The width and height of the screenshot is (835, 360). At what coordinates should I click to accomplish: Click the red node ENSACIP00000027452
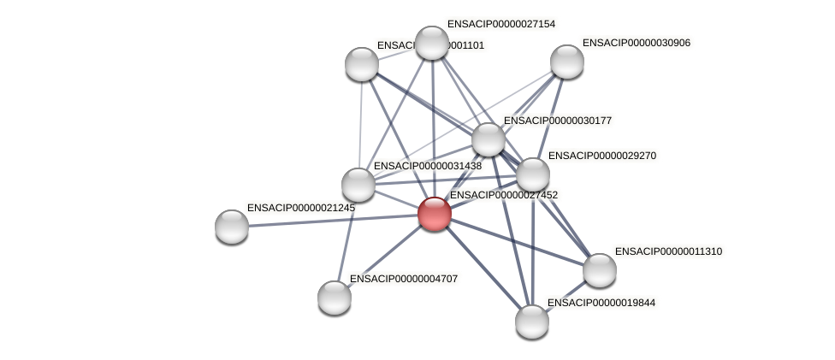click(434, 214)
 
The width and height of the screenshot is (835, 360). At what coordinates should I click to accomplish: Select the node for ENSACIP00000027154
click(432, 43)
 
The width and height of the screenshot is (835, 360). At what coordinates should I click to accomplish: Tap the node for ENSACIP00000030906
click(566, 62)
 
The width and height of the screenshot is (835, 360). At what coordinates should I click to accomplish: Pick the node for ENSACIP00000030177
click(489, 139)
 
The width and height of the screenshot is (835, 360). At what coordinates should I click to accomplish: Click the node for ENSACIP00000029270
click(532, 174)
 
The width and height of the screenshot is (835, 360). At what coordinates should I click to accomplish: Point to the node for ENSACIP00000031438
click(358, 185)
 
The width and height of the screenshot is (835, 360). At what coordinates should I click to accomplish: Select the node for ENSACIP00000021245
click(232, 227)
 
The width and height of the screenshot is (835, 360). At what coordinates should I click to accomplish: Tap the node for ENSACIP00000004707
click(335, 298)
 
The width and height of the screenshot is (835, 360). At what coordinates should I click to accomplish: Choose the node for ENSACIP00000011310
click(599, 270)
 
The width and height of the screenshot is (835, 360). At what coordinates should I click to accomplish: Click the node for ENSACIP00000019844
click(531, 322)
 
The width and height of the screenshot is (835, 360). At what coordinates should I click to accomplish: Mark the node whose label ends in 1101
click(362, 64)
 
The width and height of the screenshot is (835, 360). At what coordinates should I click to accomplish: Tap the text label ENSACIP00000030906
click(636, 43)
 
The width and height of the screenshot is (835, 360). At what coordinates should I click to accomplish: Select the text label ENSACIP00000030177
click(557, 121)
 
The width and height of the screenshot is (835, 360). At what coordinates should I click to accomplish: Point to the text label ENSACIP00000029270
click(601, 156)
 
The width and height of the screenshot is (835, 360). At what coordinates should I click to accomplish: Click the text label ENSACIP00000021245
click(300, 208)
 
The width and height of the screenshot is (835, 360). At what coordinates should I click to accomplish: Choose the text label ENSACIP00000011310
click(668, 251)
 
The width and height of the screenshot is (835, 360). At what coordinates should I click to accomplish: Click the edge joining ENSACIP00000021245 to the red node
click(334, 220)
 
